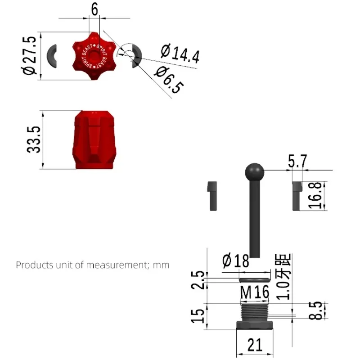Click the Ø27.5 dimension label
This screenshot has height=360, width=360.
[29, 55]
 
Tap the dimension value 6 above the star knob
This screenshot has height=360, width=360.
[94, 9]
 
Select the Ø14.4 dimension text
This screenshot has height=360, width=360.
[180, 54]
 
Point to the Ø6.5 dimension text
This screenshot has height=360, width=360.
[169, 80]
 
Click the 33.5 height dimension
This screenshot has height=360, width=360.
[33, 139]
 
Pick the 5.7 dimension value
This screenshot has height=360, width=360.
[297, 161]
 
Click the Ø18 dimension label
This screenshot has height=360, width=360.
[236, 261]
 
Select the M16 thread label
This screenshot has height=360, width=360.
[255, 292]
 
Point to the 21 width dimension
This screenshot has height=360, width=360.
[255, 345]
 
